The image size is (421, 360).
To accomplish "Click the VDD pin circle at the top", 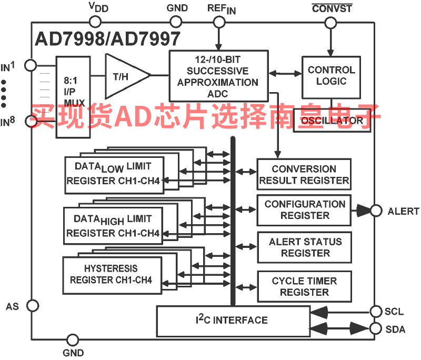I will [95, 22].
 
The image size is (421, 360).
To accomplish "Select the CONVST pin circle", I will [330, 22].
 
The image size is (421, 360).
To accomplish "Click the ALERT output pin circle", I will [376, 211].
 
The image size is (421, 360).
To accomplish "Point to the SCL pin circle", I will [376, 311].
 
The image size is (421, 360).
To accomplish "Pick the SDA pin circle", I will [376, 329].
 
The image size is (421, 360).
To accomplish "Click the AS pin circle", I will [32, 305].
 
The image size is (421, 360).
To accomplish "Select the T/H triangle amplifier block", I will [124, 76].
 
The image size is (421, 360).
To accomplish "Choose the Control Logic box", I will [331, 76].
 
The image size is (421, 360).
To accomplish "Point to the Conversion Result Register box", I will [304, 175].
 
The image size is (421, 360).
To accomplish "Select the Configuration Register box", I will [304, 209].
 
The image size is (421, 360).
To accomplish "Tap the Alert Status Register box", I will [304, 247].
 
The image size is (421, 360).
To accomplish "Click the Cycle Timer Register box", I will [304, 286].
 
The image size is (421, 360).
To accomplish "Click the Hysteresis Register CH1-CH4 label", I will [111, 274].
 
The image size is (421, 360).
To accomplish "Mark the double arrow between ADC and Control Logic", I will [284, 73].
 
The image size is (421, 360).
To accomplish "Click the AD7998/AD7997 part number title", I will [107, 38].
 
